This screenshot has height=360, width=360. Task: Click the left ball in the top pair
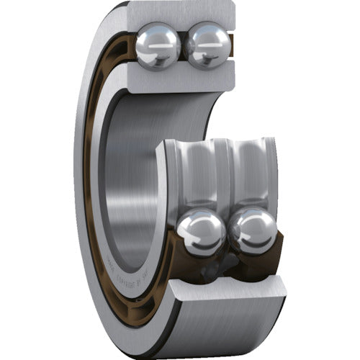(158, 45)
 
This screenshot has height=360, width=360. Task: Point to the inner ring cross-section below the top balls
(184, 81)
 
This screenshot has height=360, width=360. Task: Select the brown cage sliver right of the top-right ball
(232, 50)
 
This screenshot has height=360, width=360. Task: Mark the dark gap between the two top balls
(183, 45)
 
